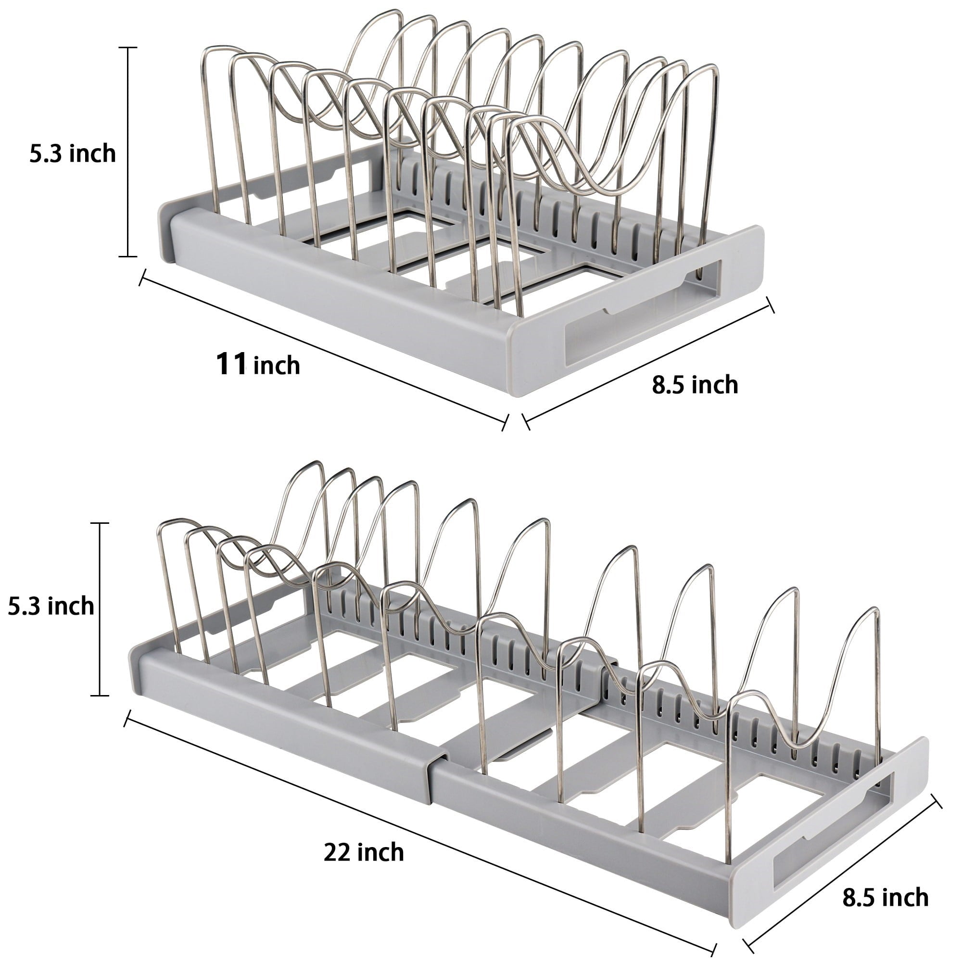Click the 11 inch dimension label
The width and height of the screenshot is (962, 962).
point(257,365)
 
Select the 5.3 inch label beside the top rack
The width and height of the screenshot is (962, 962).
point(72,153)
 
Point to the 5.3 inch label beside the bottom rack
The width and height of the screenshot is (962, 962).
point(51,606)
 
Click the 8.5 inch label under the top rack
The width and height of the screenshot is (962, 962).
point(695,385)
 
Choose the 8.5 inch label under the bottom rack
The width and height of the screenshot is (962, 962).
point(886,897)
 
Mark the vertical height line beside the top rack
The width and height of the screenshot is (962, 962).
point(128,152)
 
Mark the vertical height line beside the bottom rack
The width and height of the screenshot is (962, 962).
point(100,609)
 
